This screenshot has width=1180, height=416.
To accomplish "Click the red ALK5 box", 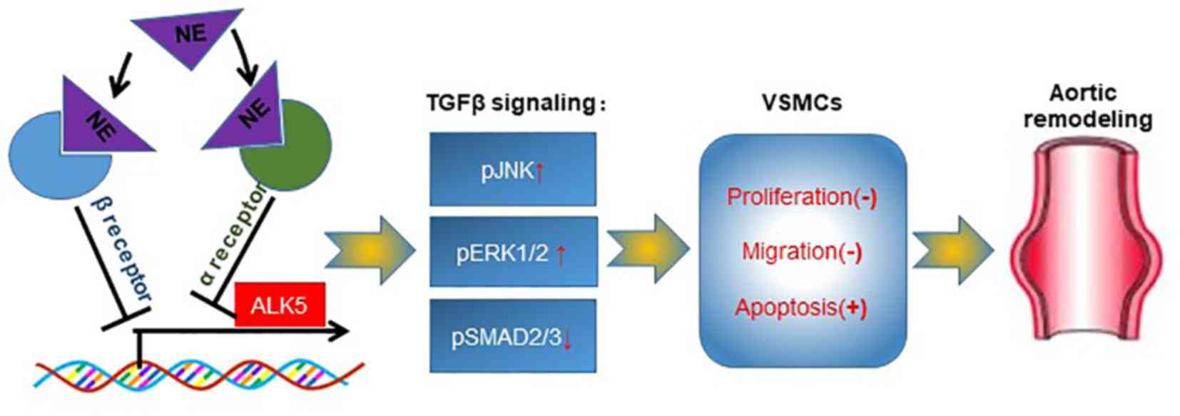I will [x=279, y=306].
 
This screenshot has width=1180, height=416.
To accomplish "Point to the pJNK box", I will [x=512, y=170].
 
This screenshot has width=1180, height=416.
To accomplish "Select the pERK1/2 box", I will [x=512, y=253].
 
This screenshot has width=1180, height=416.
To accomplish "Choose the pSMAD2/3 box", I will [x=512, y=336].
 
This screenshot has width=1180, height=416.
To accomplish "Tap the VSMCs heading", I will [x=802, y=103].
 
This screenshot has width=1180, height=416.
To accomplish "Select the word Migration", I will [x=789, y=251].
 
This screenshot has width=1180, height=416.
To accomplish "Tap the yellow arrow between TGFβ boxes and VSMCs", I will [x=647, y=249].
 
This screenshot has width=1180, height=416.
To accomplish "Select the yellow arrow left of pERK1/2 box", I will [x=370, y=250].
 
